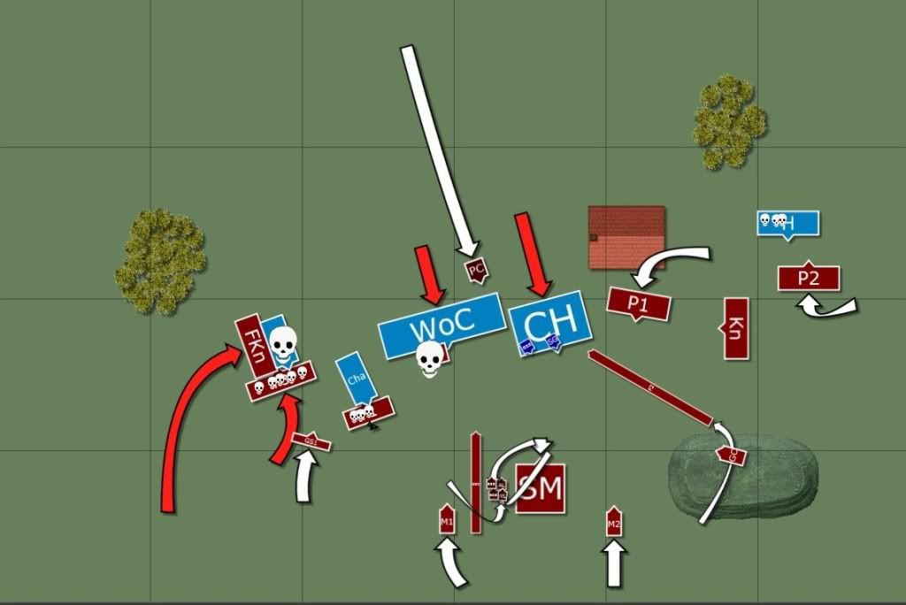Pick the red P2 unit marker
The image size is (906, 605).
(x=808, y=278)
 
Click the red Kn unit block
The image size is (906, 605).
(x=736, y=328)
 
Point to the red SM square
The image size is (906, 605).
(x=540, y=488)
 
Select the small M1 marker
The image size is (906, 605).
(x=447, y=520)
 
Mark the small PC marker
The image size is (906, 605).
(x=476, y=268)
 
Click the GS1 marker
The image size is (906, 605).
(x=311, y=440)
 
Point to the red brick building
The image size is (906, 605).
(x=626, y=236)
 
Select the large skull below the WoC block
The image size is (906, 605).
(x=430, y=358)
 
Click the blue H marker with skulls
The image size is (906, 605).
(x=787, y=223)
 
